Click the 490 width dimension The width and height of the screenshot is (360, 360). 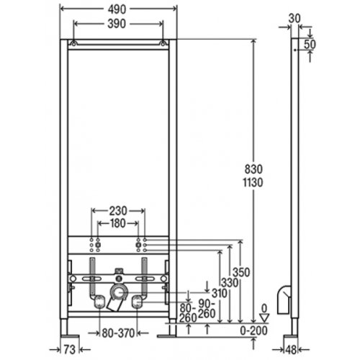[x=117, y=9]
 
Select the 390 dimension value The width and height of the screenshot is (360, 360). [x=117, y=24]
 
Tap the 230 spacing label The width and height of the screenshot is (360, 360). [x=118, y=211]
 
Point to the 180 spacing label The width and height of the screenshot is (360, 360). [x=118, y=223]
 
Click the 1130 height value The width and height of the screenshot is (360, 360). [x=253, y=183]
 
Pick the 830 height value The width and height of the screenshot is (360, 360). [x=253, y=169]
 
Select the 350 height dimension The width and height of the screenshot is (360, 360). [x=241, y=273]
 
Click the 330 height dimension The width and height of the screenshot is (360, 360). [x=230, y=283]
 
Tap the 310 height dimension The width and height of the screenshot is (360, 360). [x=220, y=293]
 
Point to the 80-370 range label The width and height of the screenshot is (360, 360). [x=118, y=333]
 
